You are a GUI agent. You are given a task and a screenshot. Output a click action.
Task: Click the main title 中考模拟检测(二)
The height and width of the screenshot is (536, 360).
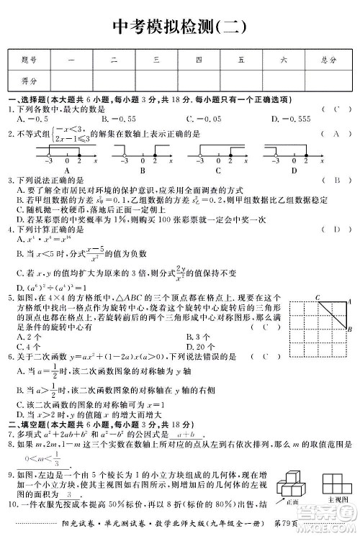(x=180, y=28)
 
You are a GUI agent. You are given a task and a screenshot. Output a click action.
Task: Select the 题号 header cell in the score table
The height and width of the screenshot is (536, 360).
(x=29, y=60)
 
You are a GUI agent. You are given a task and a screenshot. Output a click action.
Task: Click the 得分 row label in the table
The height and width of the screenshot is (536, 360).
(x=29, y=81)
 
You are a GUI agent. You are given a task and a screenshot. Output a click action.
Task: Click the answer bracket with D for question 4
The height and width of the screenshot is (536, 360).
(x=336, y=229)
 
